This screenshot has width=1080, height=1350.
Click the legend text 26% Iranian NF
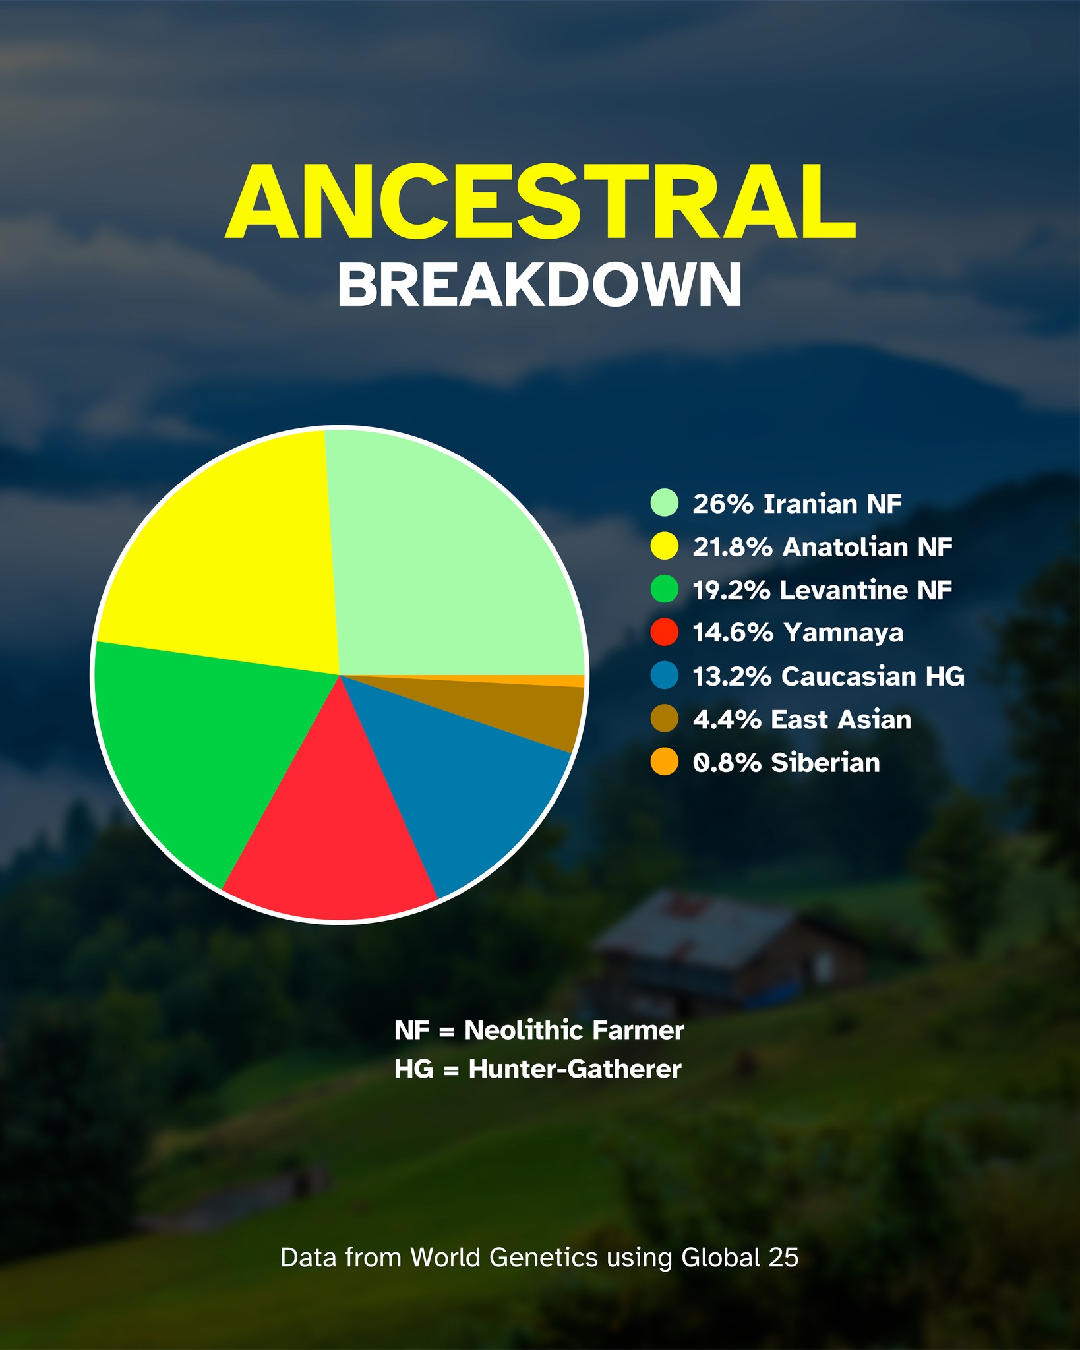(797, 504)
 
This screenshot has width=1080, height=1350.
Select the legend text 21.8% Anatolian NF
(822, 546)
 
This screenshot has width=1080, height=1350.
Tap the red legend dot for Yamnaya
(664, 632)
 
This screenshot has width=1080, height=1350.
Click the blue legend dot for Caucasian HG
(664, 676)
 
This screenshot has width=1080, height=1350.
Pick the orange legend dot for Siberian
(664, 762)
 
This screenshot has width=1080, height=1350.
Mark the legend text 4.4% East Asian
(802, 719)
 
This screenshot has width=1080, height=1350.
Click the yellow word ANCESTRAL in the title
(540, 203)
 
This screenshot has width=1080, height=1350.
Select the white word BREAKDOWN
(540, 285)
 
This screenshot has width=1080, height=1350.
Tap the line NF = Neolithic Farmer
(539, 1030)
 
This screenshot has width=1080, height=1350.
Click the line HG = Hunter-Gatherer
(538, 1069)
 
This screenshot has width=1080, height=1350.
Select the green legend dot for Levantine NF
(664, 589)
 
